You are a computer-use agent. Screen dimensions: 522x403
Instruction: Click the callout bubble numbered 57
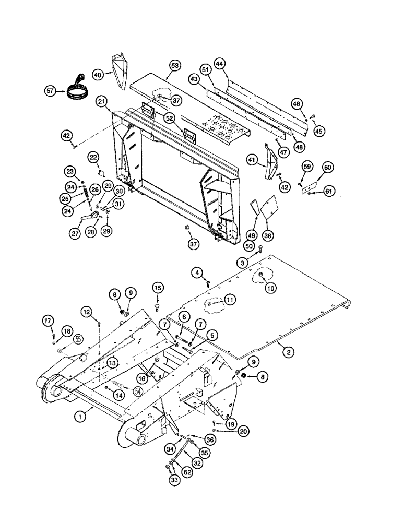[50, 91]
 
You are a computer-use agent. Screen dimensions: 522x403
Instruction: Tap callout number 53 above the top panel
[174, 65]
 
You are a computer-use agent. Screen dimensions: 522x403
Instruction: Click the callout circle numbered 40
[98, 75]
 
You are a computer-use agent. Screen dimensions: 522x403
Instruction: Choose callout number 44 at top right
[220, 64]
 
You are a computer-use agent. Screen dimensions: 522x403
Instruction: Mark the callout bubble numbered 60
[327, 168]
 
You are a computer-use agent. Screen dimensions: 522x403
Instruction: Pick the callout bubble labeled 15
[158, 288]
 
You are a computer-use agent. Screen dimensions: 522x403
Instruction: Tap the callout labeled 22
[92, 157]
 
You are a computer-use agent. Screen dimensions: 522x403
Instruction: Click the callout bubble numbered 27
[77, 235]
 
